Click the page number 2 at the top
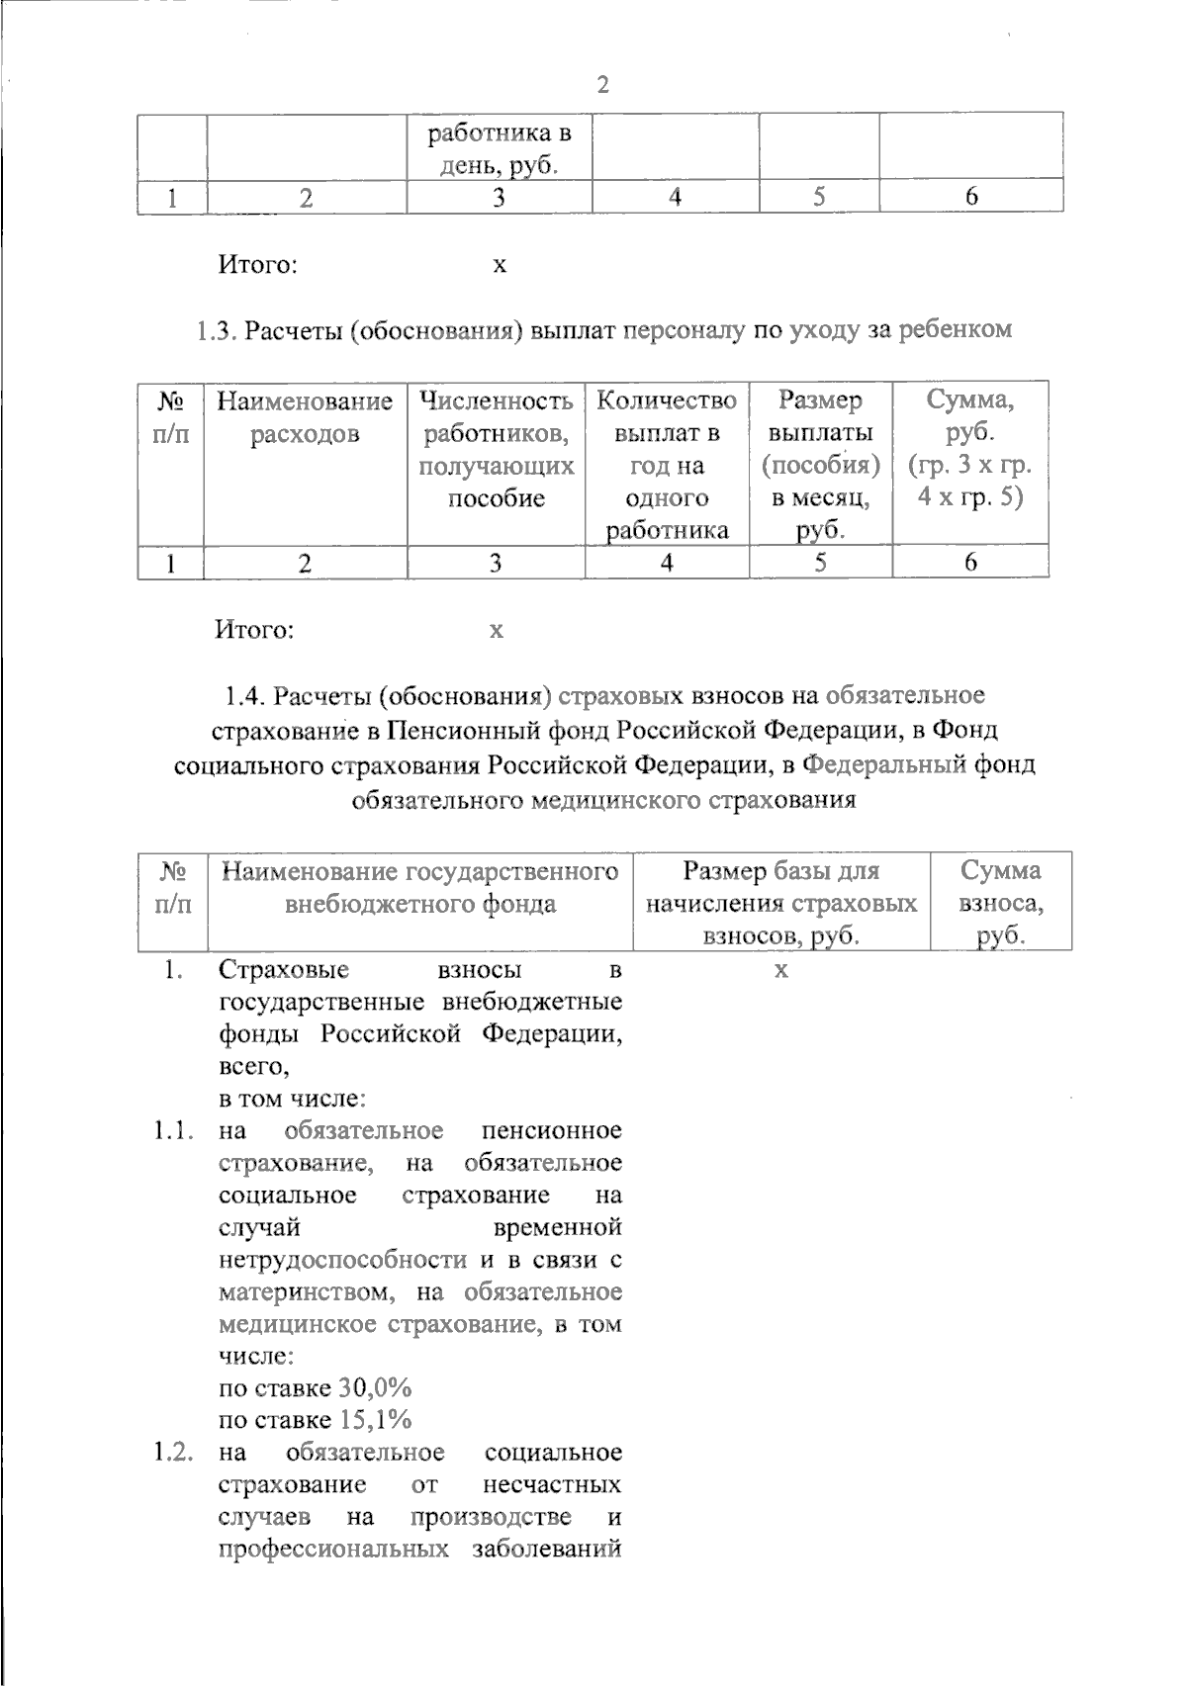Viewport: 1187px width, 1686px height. [x=603, y=85]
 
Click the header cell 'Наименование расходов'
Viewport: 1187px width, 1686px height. [x=305, y=417]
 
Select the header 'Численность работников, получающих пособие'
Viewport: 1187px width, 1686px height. [x=497, y=449]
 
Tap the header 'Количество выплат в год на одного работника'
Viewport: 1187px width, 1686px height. [x=668, y=465]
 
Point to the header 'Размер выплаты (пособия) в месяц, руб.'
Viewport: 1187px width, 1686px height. [x=820, y=465]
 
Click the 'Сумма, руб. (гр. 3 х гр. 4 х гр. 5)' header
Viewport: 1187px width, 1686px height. [x=970, y=449]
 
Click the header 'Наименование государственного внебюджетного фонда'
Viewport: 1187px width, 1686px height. [x=419, y=887]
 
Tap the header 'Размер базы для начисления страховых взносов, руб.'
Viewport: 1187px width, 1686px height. [x=780, y=903]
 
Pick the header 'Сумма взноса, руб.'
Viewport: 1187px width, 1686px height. [x=1001, y=903]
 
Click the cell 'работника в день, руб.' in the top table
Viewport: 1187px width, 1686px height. [x=499, y=147]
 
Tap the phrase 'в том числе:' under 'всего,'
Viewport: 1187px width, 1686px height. [x=293, y=1099]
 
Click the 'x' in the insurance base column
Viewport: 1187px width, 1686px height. [x=780, y=970]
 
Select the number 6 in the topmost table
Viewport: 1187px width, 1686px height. [x=971, y=197]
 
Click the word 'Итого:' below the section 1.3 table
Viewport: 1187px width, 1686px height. [x=255, y=629]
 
